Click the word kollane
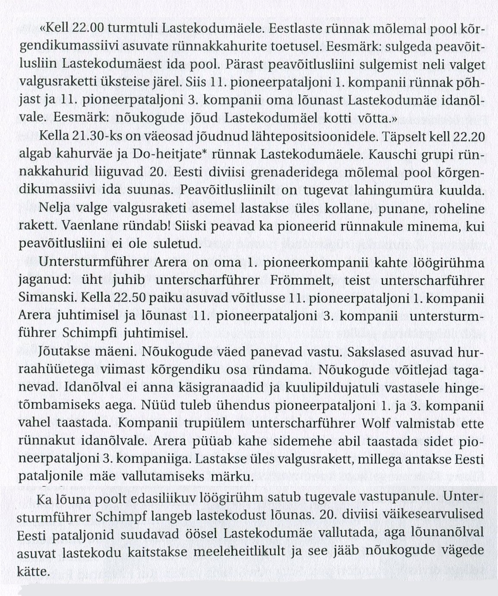pos(338,208)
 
